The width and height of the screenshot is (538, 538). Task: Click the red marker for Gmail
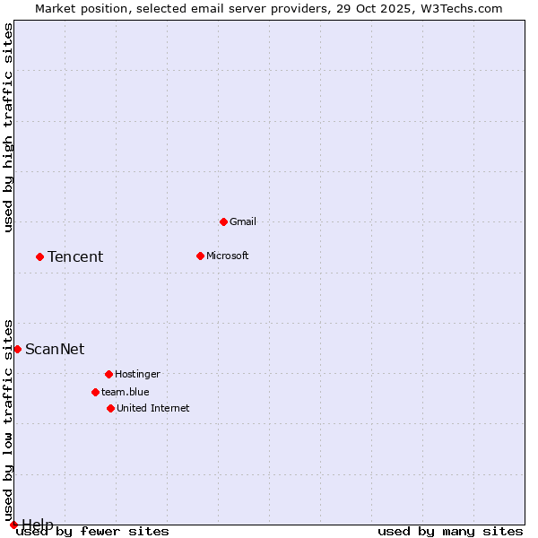click(x=223, y=221)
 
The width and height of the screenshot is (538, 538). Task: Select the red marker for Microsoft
click(x=200, y=256)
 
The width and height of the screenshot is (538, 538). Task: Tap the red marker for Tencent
click(x=39, y=256)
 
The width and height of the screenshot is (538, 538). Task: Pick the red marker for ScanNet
click(x=17, y=349)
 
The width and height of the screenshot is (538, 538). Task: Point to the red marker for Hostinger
click(x=108, y=374)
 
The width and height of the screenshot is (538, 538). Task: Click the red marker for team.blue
click(x=95, y=392)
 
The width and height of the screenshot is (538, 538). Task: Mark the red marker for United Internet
click(x=110, y=408)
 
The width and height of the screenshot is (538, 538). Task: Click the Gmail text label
click(x=243, y=221)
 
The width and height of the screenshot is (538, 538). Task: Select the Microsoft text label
click(x=227, y=256)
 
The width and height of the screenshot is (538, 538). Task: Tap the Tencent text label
click(x=75, y=256)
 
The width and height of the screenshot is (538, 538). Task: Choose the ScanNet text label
click(x=55, y=349)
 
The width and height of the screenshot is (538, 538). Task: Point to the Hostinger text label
click(x=137, y=374)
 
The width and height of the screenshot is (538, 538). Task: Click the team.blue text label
click(x=126, y=392)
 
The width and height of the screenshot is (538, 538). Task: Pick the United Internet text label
click(x=152, y=408)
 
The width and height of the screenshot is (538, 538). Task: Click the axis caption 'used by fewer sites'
click(x=93, y=531)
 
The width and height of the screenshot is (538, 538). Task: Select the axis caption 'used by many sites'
click(x=450, y=531)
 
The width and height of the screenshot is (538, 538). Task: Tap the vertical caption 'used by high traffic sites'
click(x=8, y=127)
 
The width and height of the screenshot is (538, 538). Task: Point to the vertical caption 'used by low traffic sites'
click(x=8, y=420)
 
